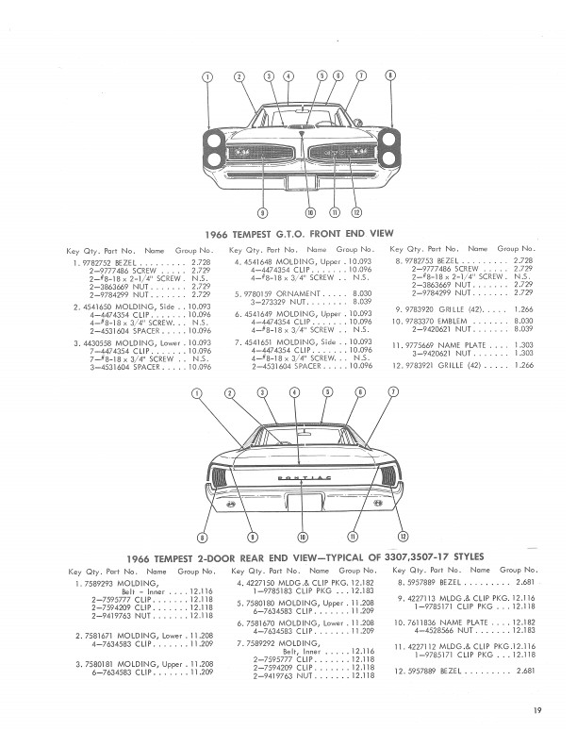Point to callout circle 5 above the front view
(322, 75)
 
